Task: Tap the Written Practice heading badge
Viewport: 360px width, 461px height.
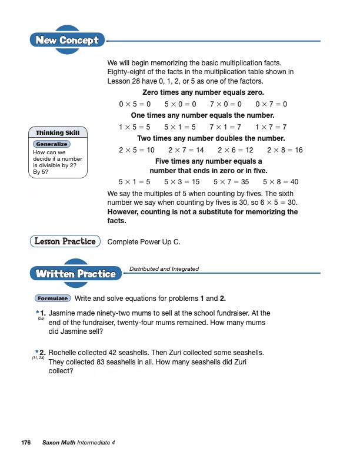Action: (75, 274)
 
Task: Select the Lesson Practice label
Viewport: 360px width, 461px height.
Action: (65, 241)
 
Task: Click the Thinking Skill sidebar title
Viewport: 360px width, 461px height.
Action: (58, 132)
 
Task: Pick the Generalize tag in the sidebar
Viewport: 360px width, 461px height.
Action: (52, 144)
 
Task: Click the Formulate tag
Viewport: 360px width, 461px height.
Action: (52, 299)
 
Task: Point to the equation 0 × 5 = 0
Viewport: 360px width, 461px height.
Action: (135, 104)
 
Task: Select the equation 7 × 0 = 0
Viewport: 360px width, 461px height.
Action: (226, 104)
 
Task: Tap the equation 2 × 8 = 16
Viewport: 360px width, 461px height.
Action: (285, 150)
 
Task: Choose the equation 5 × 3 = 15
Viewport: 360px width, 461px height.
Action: (182, 182)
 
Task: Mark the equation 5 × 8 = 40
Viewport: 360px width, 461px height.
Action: (281, 182)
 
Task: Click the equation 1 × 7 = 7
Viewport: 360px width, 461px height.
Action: (271, 127)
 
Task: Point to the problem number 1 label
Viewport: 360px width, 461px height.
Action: (42, 313)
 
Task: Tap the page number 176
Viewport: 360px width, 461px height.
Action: (25, 442)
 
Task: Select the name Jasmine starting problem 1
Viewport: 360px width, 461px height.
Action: (64, 313)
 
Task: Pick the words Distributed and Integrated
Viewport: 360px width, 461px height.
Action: (164, 269)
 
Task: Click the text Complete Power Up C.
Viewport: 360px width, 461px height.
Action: (144, 241)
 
